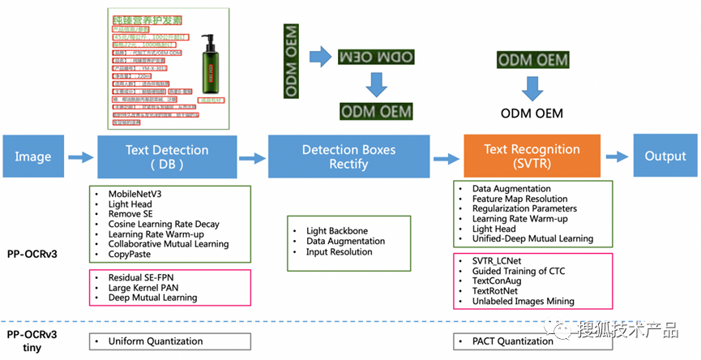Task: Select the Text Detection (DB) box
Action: click(167, 156)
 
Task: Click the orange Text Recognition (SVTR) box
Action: click(532, 156)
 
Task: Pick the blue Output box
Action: click(665, 156)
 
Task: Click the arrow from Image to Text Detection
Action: click(80, 157)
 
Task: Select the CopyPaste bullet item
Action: click(133, 254)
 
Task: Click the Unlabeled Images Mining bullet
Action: click(524, 301)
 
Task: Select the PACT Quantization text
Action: click(513, 341)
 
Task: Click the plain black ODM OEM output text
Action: click(532, 114)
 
